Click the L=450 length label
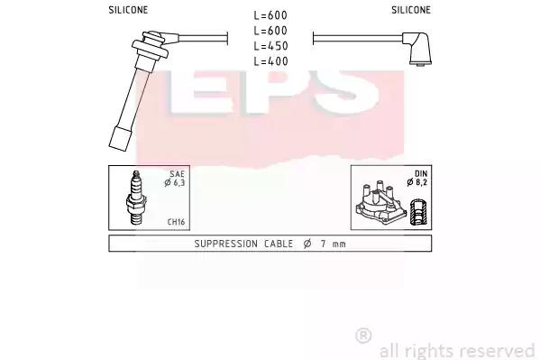click(270, 45)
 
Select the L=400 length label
click(270, 61)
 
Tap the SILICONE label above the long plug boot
click(128, 10)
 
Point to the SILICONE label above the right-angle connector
click(411, 10)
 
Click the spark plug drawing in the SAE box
click(137, 198)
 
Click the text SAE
click(177, 174)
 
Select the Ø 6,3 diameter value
click(175, 183)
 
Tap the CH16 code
click(176, 222)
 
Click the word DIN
click(421, 174)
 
